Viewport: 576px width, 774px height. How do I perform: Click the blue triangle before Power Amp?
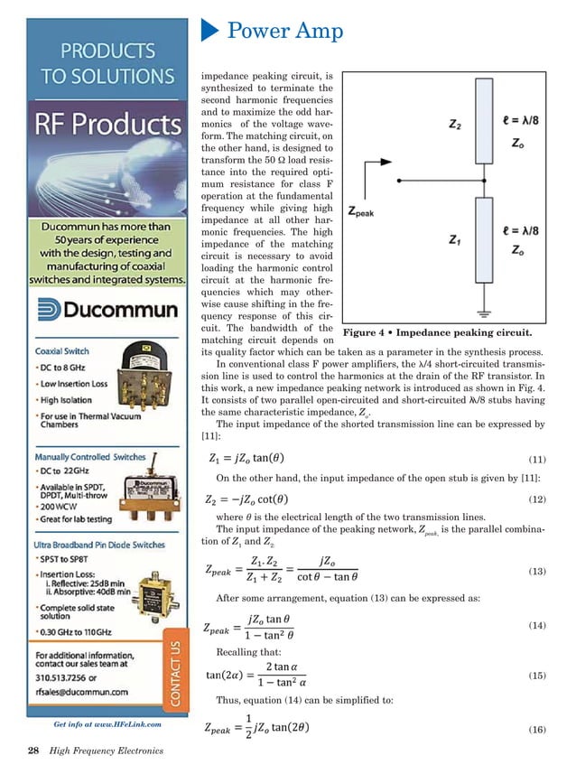[210, 33]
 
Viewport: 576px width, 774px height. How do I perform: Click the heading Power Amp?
[284, 33]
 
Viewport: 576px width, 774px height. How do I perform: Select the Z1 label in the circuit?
[435, 239]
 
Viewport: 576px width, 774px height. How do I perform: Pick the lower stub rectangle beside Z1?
[484, 239]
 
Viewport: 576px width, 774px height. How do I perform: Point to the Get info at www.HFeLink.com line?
[107, 723]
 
